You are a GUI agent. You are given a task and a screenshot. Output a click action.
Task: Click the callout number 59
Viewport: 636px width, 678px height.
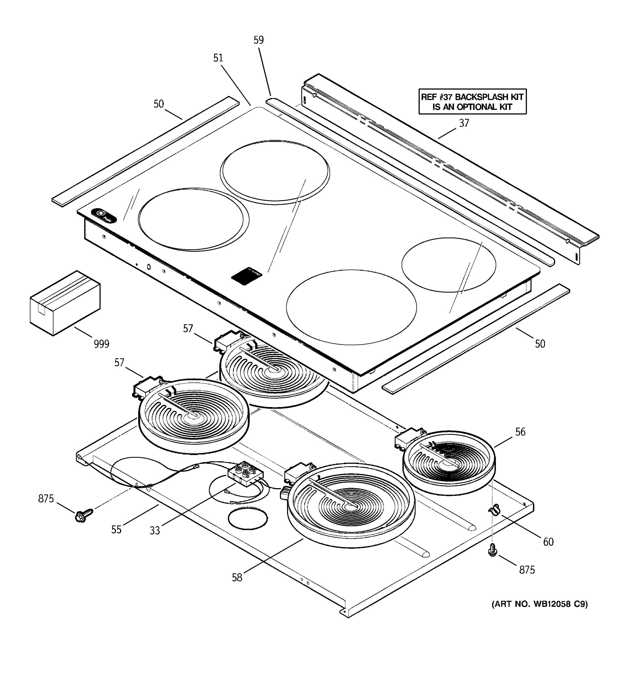coord(259,40)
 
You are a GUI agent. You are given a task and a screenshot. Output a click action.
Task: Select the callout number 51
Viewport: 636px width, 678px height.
coord(218,58)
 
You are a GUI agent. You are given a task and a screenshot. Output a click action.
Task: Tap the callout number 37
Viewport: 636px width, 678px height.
coord(464,123)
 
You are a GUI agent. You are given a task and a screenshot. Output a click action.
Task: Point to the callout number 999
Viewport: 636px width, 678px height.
coord(101,344)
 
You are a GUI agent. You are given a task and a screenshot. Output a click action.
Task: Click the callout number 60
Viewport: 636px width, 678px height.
coord(548,542)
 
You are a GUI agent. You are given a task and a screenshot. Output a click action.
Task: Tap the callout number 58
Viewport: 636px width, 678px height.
coord(237,577)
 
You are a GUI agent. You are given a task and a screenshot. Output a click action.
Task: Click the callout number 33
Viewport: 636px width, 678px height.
coord(155,530)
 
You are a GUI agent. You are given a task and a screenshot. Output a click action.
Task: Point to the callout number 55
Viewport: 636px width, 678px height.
coord(116,529)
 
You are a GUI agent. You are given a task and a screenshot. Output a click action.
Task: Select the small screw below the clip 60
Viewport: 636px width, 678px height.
coord(492,550)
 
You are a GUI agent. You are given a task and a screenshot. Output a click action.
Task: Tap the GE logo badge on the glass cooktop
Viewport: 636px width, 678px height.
coord(104,215)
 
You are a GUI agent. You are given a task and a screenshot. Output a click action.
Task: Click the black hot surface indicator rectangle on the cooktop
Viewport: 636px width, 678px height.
coord(247,274)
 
